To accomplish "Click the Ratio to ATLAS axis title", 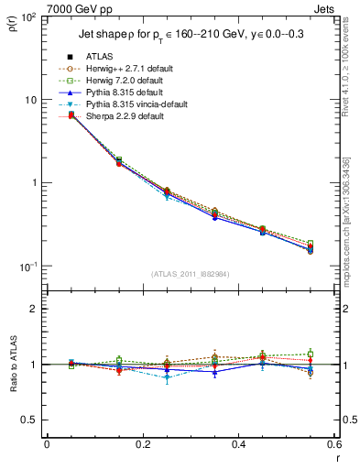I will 13,364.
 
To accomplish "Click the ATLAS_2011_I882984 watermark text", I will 191,273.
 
